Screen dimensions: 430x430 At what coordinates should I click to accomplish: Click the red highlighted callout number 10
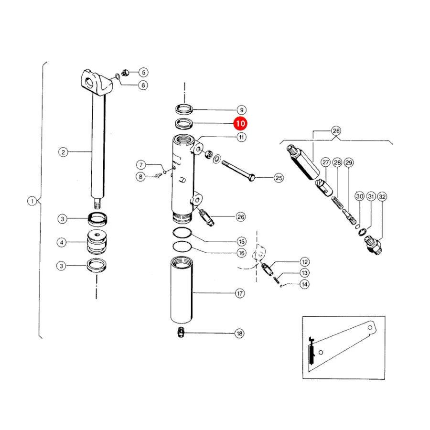(x=240, y=123)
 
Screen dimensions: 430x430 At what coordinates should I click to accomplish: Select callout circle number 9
(x=242, y=110)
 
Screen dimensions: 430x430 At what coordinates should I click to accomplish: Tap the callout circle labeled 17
(x=240, y=293)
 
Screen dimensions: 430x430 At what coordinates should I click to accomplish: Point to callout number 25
(x=279, y=178)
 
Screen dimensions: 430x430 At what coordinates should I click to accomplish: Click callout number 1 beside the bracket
(x=32, y=201)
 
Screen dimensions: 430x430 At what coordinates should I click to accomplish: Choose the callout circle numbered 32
(x=382, y=197)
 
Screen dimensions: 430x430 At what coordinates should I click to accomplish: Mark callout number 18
(x=239, y=333)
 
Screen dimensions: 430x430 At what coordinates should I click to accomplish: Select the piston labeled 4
(x=97, y=242)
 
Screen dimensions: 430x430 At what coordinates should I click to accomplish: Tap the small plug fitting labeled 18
(x=181, y=332)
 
